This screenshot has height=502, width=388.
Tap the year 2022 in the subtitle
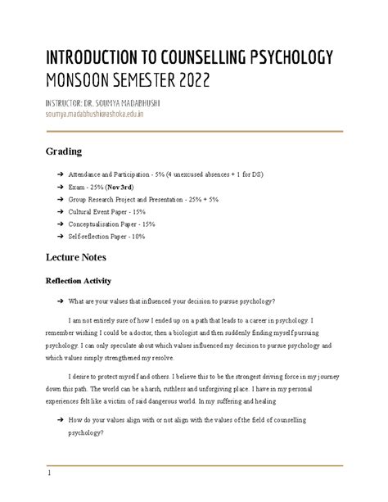[x=190, y=79]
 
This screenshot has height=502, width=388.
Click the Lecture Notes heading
[x=80, y=258]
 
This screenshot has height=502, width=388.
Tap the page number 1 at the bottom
[x=49, y=473]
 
